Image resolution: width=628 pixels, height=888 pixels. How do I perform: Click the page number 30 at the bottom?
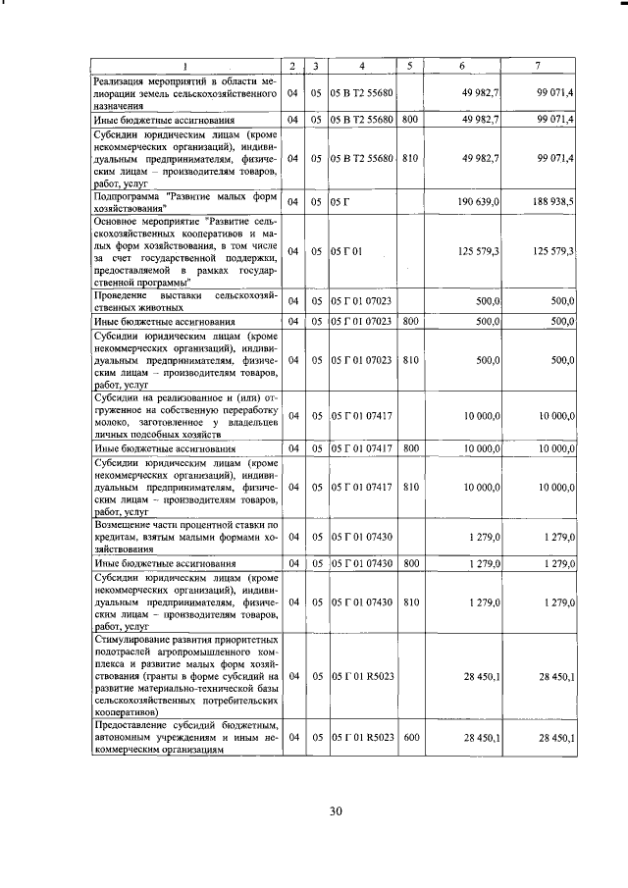click(335, 810)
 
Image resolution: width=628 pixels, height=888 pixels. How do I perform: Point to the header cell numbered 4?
click(362, 66)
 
